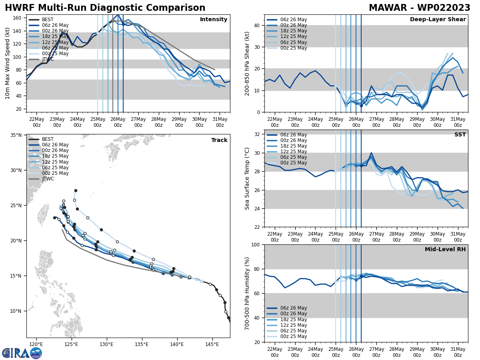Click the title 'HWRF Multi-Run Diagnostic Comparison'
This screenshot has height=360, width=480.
(x=105, y=8)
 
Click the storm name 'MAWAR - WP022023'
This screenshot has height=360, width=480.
(x=419, y=8)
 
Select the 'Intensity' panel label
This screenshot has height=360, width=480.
(x=214, y=20)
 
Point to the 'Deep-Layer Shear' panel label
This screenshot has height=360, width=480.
(x=438, y=20)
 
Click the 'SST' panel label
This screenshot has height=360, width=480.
(x=460, y=135)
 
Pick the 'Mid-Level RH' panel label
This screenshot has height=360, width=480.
(x=445, y=250)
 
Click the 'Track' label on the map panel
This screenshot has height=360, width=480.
(x=219, y=140)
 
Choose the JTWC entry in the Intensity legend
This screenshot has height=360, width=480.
(x=48, y=59)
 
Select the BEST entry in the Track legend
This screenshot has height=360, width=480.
(x=48, y=139)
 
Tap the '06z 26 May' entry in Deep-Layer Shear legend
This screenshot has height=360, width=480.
(x=293, y=20)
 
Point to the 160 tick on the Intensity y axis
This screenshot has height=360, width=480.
(x=18, y=18)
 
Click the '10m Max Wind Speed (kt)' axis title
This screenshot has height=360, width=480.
(x=8, y=63)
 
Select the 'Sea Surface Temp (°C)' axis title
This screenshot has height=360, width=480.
(x=247, y=178)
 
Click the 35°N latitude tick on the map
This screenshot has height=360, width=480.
(x=16, y=135)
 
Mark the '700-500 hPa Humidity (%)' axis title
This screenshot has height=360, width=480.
(x=247, y=293)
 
